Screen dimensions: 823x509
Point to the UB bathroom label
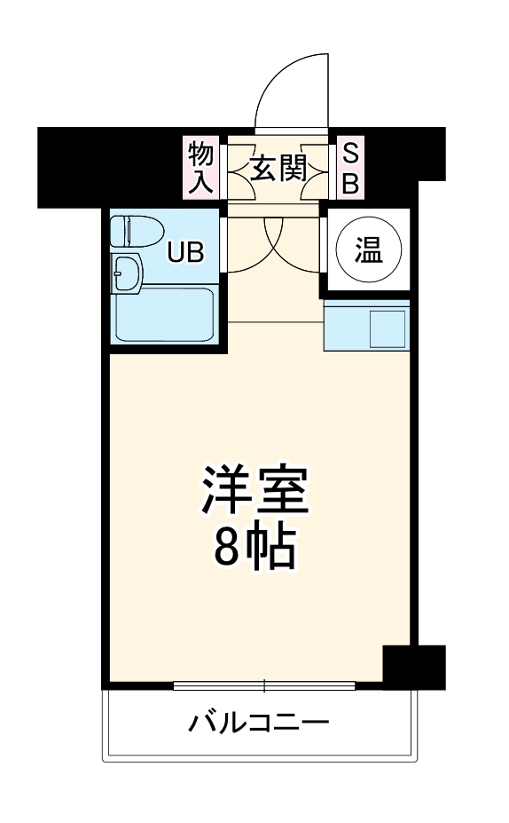pyautogui.click(x=186, y=253)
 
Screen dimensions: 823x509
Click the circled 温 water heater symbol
pyautogui.click(x=369, y=251)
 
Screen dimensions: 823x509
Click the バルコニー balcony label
pyautogui.click(x=258, y=722)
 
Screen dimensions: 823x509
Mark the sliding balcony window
pyautogui.click(x=263, y=685)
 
